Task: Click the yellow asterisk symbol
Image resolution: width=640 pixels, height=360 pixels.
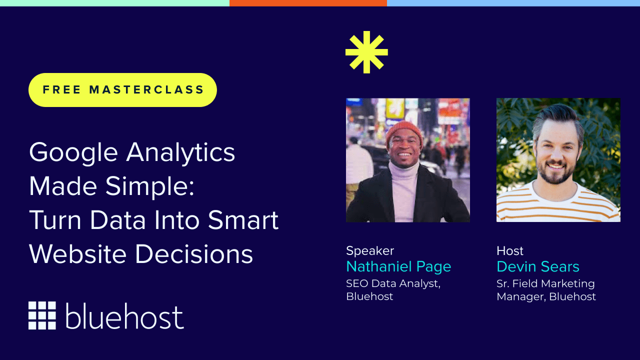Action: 366,52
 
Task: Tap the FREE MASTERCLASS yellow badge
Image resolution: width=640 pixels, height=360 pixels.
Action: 123,90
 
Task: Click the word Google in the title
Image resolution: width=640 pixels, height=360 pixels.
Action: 72,153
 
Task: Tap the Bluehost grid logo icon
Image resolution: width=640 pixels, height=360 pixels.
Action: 42,315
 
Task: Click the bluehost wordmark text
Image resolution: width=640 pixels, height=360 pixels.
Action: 124,316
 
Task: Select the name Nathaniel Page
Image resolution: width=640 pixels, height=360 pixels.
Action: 398,266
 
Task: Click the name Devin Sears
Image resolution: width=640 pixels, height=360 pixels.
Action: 538,266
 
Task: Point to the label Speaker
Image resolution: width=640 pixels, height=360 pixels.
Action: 370,250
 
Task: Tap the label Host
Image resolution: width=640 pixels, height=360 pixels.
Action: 510,250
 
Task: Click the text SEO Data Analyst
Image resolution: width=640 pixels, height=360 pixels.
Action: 393,283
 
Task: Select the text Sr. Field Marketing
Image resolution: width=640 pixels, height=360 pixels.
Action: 545,283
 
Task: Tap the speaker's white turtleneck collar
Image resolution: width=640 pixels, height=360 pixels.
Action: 404,172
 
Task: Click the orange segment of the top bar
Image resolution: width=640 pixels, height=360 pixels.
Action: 308,3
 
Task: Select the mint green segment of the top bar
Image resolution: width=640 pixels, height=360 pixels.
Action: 114,3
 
